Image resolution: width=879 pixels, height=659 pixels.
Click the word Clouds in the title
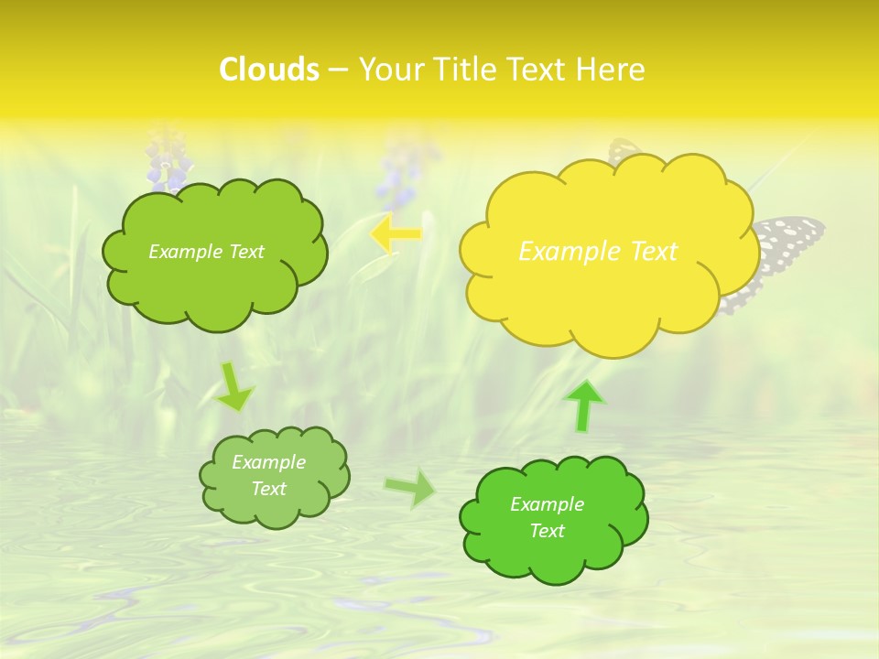(269, 70)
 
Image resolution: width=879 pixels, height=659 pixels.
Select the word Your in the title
(390, 70)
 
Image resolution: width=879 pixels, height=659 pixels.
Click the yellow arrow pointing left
(396, 233)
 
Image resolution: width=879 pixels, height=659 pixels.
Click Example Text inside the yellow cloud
(598, 252)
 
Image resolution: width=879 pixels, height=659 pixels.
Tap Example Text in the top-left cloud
(206, 252)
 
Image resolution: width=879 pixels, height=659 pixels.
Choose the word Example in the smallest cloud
(268, 462)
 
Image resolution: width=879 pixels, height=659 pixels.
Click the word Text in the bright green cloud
(547, 531)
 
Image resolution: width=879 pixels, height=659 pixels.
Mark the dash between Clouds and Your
(338, 70)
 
